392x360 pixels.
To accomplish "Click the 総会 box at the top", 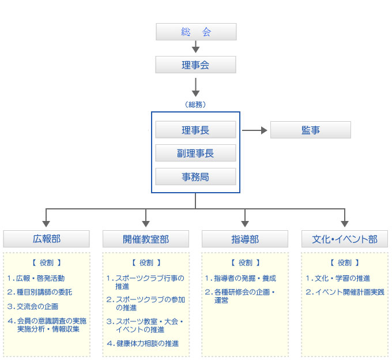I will coord(196,32).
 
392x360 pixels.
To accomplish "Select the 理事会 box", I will coord(196,65).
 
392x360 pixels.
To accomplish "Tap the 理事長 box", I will coord(196,130).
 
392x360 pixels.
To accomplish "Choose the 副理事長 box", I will coord(196,153).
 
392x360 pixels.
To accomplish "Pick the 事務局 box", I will coord(196,177).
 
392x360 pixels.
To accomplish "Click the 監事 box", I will coord(310,130).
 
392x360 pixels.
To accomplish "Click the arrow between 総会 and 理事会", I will coord(196,47).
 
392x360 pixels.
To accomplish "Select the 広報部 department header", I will coord(47,239).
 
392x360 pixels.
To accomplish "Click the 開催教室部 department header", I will coord(146,239).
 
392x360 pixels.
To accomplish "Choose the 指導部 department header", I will coord(245,239).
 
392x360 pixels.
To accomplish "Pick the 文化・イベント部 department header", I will coord(345,239).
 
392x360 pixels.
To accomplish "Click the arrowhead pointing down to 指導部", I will coord(245,222).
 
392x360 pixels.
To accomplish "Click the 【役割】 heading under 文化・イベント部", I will coord(345,262).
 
